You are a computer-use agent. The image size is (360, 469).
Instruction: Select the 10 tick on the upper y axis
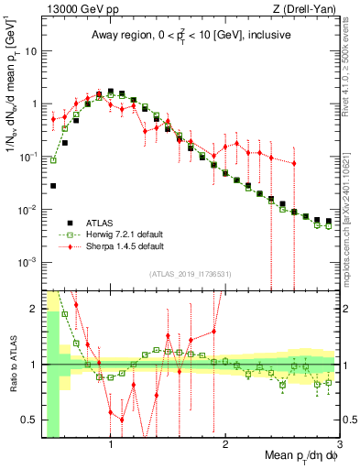tap(31, 51)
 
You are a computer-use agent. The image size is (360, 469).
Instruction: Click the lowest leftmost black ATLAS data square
tap(53, 186)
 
